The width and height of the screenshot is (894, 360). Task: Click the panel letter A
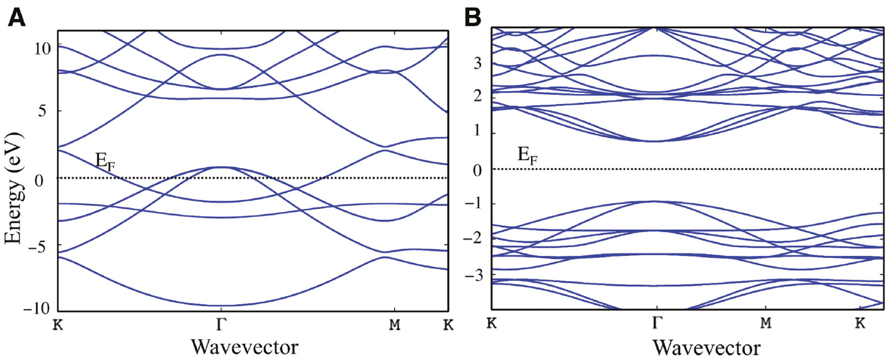[16, 17]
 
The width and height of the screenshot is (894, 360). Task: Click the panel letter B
[472, 17]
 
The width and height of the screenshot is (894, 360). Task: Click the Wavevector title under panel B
[706, 346]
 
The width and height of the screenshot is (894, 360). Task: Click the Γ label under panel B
[656, 324]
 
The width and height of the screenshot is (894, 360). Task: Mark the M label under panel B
[765, 324]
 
